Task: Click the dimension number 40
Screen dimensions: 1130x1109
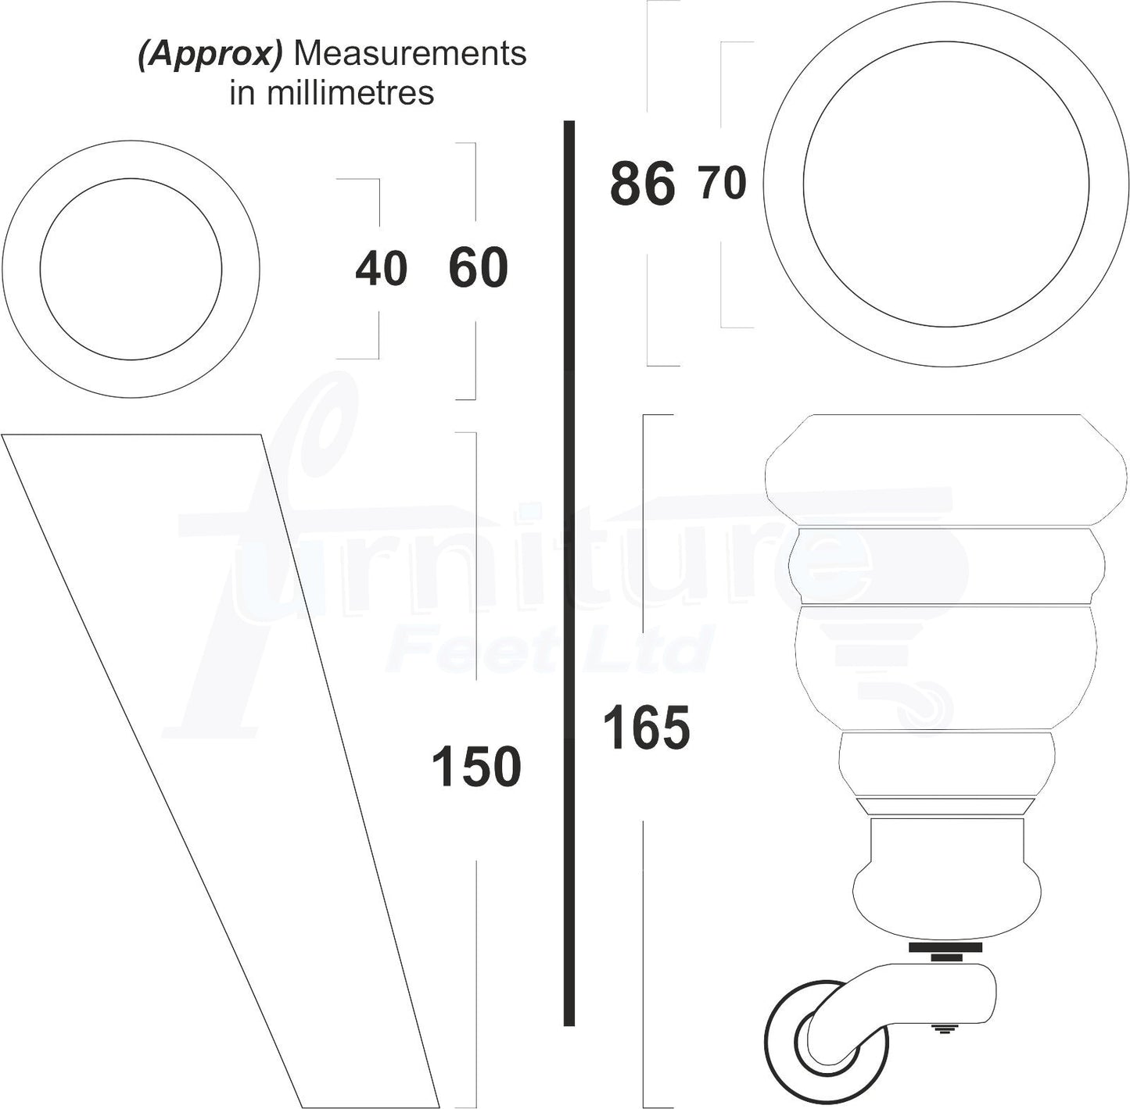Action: coord(381,269)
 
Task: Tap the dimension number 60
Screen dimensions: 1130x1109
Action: coord(478,268)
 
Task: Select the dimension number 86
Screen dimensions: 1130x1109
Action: coord(643,184)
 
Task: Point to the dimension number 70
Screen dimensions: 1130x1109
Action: coord(723,184)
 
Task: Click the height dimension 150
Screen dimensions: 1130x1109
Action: coord(476,767)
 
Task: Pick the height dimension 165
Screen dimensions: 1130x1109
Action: coord(646,728)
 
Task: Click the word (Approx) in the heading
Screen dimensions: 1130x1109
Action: coord(210,54)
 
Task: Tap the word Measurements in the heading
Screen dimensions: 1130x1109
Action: coord(410,54)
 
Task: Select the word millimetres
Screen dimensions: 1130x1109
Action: coord(350,93)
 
